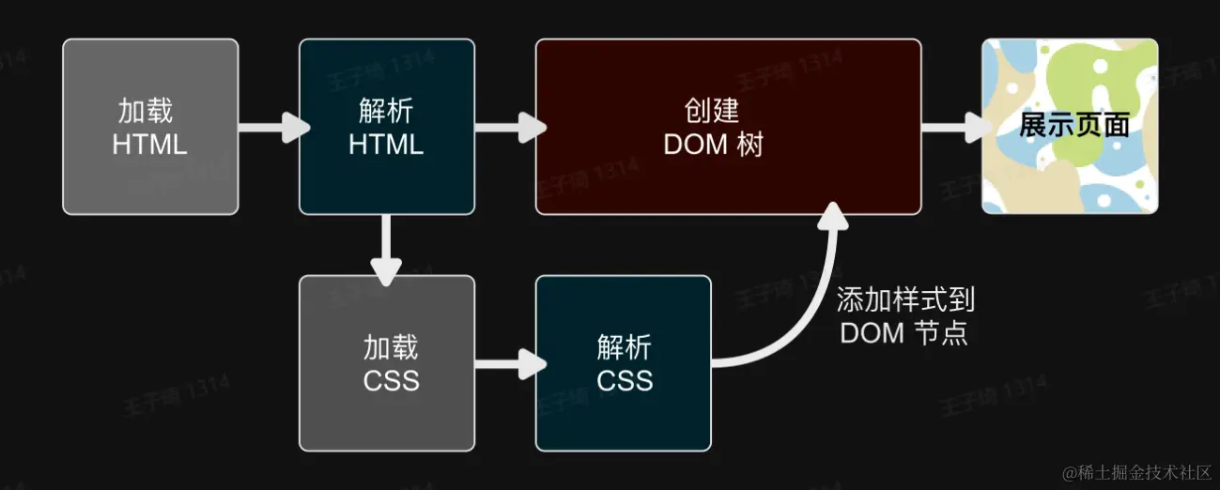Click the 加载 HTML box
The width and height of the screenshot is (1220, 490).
tap(150, 127)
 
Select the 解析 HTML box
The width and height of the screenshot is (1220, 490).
tap(386, 127)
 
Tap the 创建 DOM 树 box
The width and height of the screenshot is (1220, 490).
tap(728, 127)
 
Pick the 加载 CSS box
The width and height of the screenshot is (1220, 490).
tap(386, 363)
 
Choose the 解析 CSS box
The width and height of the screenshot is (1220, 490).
tap(623, 363)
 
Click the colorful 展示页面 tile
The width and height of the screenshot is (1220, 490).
tap(1070, 127)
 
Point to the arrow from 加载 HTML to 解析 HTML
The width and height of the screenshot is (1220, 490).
tap(272, 127)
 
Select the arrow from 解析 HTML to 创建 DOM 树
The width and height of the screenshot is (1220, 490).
tap(509, 127)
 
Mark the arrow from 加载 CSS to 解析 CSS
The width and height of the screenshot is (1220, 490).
tap(509, 363)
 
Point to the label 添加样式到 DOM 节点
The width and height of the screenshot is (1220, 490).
tap(904, 316)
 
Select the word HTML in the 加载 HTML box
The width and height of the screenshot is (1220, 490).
tap(149, 145)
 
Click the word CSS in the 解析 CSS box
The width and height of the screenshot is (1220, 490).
tap(625, 381)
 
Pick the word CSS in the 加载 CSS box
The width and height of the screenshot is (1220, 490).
tap(391, 381)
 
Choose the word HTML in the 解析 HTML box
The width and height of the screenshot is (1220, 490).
tap(386, 145)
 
